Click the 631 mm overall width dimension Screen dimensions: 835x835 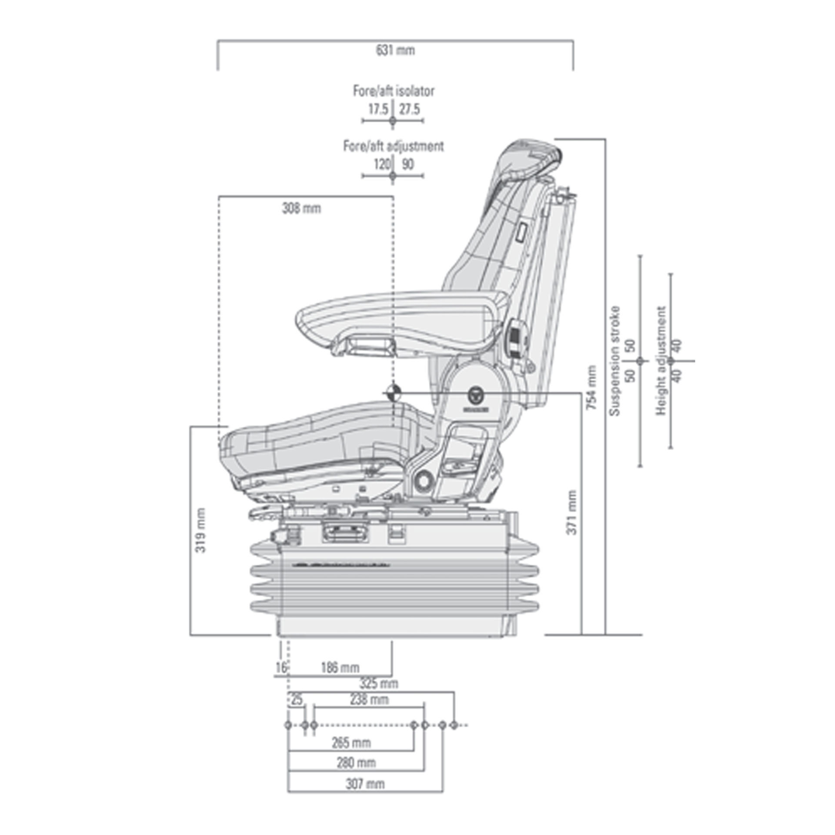point(395,50)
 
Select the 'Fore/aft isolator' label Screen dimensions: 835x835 point(393,91)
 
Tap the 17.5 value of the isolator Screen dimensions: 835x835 point(378,109)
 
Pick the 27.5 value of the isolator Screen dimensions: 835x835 point(410,109)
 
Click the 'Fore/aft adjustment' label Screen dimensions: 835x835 point(393,146)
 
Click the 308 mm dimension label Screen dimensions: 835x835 point(301,209)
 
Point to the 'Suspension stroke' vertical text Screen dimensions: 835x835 point(615,361)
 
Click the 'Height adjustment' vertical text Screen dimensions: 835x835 point(661,361)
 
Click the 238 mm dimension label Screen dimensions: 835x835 point(369,700)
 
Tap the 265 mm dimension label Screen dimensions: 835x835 point(351,742)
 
